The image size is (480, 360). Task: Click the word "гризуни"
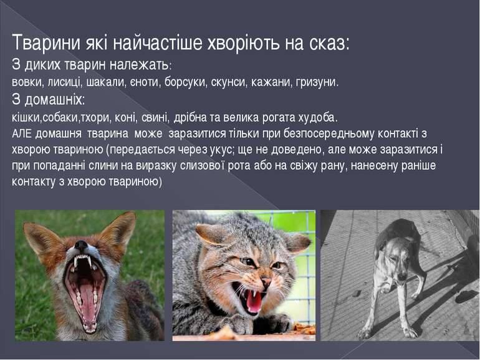click(x=317, y=82)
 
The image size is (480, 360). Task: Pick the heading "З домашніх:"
click(x=48, y=100)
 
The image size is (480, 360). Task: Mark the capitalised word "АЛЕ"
click(x=22, y=134)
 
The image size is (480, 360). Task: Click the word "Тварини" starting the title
click(x=47, y=43)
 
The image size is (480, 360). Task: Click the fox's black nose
click(x=81, y=245)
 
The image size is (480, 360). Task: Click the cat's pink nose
click(x=266, y=281)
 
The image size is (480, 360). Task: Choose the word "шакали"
click(x=105, y=82)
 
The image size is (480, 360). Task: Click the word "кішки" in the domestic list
click(x=26, y=118)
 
